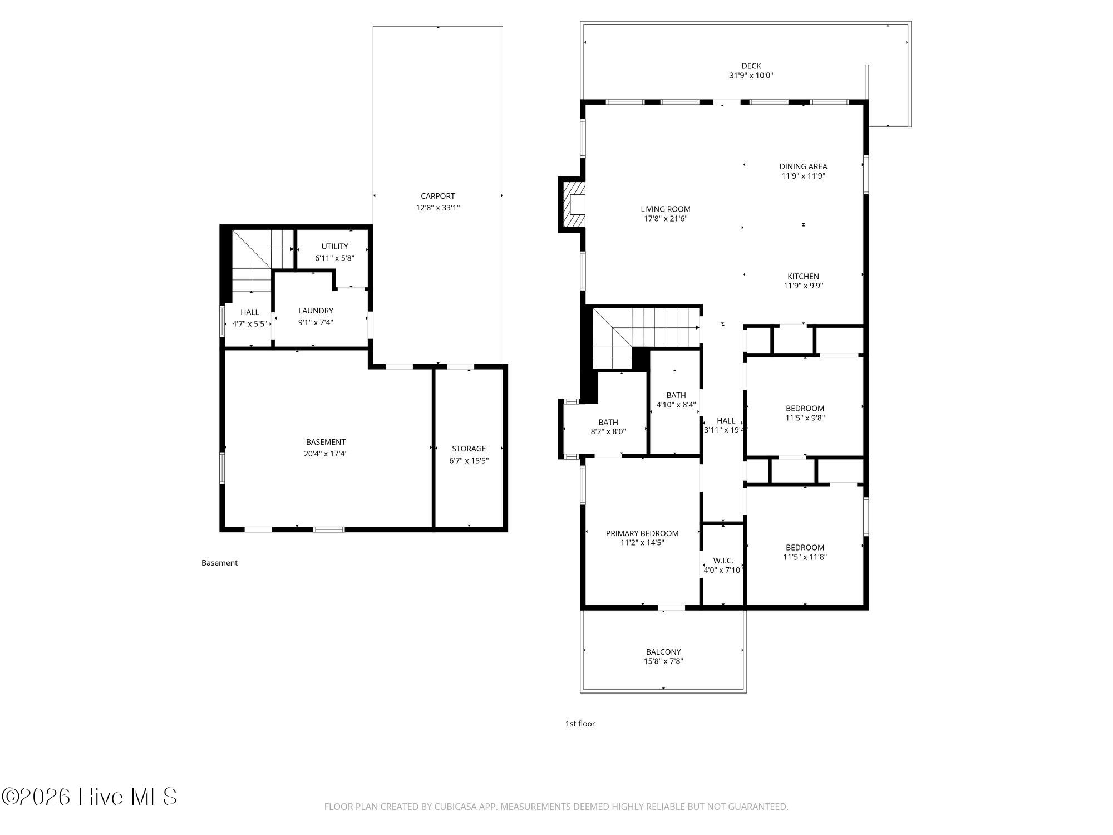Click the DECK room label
pos(751,66)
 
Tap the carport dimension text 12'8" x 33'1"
pos(438,208)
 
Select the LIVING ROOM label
pos(666,209)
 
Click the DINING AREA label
pos(803,166)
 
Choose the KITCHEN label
pos(803,276)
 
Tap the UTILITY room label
pos(334,246)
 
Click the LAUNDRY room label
pos(316,311)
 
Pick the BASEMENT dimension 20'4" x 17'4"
pos(326,454)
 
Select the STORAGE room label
pos(469,449)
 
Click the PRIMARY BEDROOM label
pos(642,533)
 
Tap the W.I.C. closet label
pos(723,561)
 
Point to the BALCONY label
pos(663,652)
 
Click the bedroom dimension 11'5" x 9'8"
pos(805,418)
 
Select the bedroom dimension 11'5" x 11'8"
pos(805,557)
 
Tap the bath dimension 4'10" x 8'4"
pos(676,405)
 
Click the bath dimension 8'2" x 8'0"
pos(608,431)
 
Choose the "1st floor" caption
pos(580,724)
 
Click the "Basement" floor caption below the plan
pos(219,563)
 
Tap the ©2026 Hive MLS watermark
pos(90,797)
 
